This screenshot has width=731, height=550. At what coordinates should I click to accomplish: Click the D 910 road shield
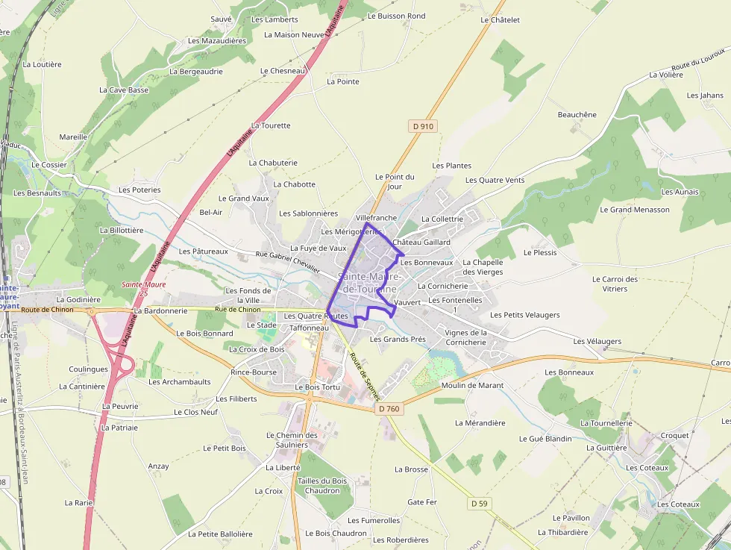point(422,126)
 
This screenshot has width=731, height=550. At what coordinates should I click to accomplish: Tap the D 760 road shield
point(389,408)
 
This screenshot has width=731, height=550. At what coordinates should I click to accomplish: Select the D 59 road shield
point(480,504)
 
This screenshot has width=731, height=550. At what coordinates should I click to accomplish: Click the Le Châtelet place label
point(500,20)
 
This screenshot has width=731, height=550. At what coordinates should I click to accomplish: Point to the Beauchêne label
point(577,115)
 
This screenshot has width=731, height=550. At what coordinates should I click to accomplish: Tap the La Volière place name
point(666,75)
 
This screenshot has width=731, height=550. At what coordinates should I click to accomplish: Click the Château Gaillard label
point(421,243)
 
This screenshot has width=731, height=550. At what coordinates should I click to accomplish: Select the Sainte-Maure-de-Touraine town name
point(370,282)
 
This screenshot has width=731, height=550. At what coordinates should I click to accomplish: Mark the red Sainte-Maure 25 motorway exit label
point(144,289)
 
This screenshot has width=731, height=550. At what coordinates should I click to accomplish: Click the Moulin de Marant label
point(472,386)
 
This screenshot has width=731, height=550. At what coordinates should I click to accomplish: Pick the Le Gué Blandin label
point(545,439)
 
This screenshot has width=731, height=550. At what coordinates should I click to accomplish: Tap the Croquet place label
point(675,435)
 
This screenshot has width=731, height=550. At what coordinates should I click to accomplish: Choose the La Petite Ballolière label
point(220,534)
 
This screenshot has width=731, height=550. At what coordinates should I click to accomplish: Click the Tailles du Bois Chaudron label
point(322,486)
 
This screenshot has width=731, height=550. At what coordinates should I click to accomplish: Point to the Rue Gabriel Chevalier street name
point(288,262)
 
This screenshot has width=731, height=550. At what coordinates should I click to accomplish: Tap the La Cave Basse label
point(124,90)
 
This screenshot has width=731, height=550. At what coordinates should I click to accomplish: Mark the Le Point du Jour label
point(395,181)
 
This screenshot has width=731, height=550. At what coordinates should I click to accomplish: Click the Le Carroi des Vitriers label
point(615,284)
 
